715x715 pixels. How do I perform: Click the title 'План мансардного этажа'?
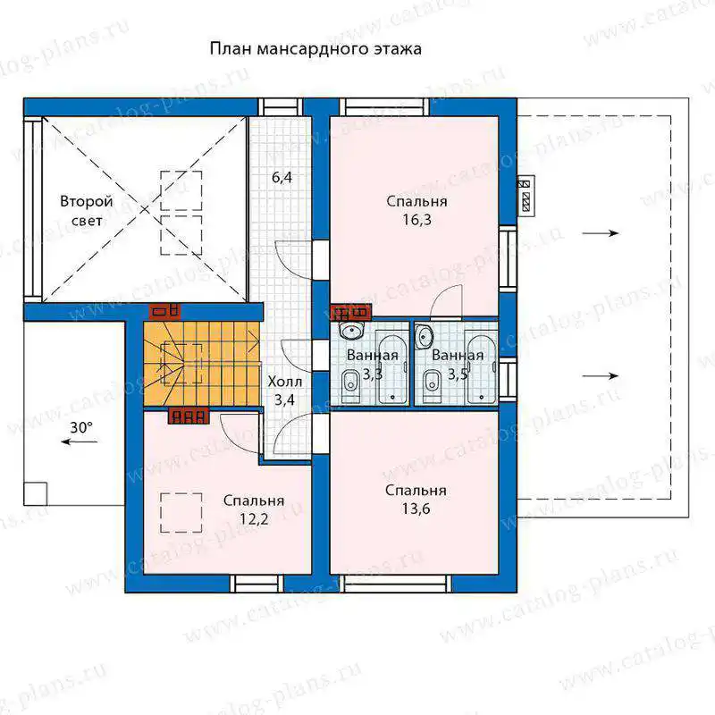(x=315, y=49)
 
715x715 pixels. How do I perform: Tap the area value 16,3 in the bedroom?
(x=416, y=220)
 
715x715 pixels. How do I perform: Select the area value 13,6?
(x=416, y=509)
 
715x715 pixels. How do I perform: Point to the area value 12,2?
(x=254, y=519)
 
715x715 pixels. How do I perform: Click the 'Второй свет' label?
(x=87, y=211)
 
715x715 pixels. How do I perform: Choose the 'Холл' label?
(x=284, y=382)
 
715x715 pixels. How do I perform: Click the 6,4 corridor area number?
(x=282, y=177)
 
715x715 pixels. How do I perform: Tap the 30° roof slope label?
(x=81, y=428)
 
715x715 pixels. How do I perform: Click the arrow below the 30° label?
(x=80, y=442)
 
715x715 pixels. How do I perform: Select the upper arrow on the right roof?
(x=601, y=233)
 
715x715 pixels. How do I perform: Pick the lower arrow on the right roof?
(x=601, y=376)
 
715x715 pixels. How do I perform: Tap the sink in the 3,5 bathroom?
(x=425, y=336)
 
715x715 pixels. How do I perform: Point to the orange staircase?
(x=201, y=363)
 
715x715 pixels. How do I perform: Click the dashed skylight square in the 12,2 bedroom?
(x=181, y=512)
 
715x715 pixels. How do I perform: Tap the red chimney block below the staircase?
(x=189, y=416)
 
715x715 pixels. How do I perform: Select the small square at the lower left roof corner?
(x=36, y=494)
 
